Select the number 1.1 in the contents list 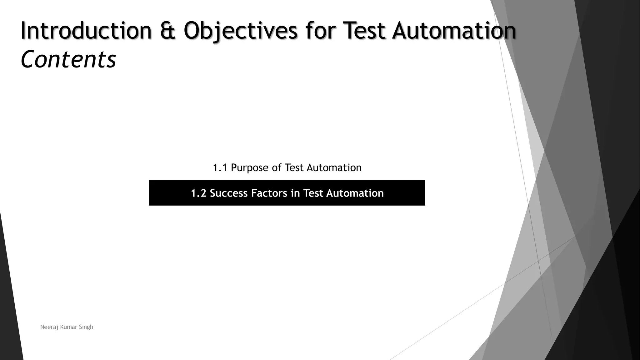[220, 168]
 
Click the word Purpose [250, 168]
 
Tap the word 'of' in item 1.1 [277, 168]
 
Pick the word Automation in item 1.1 [334, 168]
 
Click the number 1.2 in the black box [198, 193]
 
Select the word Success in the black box [229, 193]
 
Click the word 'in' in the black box [295, 193]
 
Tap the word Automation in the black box [355, 193]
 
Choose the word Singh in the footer [86, 327]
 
